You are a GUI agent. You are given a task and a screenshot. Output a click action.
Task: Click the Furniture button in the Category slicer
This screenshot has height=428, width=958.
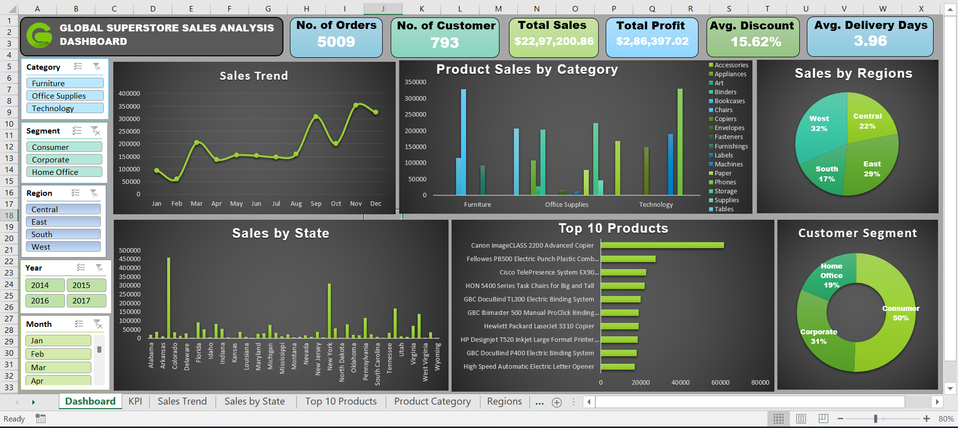(65, 83)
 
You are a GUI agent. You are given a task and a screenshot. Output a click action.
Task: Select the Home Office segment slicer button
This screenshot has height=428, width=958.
(64, 172)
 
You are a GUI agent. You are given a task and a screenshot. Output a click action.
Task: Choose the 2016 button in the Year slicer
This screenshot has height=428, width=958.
(45, 300)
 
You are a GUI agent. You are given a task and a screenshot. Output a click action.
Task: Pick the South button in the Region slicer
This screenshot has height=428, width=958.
(63, 234)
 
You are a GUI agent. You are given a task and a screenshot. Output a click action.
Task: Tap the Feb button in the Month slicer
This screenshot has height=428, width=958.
(58, 354)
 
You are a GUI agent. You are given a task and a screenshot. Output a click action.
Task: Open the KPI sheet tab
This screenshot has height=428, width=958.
(135, 402)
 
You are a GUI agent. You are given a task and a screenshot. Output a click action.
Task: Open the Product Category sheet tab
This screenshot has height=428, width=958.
(433, 402)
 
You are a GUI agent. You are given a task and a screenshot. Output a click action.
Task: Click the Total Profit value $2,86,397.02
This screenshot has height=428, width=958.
(652, 41)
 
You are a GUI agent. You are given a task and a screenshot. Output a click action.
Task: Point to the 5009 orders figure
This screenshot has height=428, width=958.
(336, 42)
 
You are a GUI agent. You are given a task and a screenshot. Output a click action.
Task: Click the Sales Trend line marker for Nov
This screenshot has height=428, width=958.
(356, 105)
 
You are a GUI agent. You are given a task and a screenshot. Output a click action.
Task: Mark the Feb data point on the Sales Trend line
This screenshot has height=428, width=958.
(177, 179)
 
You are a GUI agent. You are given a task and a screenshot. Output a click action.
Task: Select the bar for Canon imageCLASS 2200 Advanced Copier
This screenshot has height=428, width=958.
(662, 245)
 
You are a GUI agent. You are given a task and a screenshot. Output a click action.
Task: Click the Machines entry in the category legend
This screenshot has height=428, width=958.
(728, 164)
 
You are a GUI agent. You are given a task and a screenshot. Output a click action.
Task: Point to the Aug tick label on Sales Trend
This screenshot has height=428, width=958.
(296, 204)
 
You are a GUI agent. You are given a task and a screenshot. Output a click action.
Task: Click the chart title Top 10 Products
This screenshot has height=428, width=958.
(613, 228)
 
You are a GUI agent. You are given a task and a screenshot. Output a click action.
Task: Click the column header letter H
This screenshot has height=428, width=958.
(306, 8)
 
